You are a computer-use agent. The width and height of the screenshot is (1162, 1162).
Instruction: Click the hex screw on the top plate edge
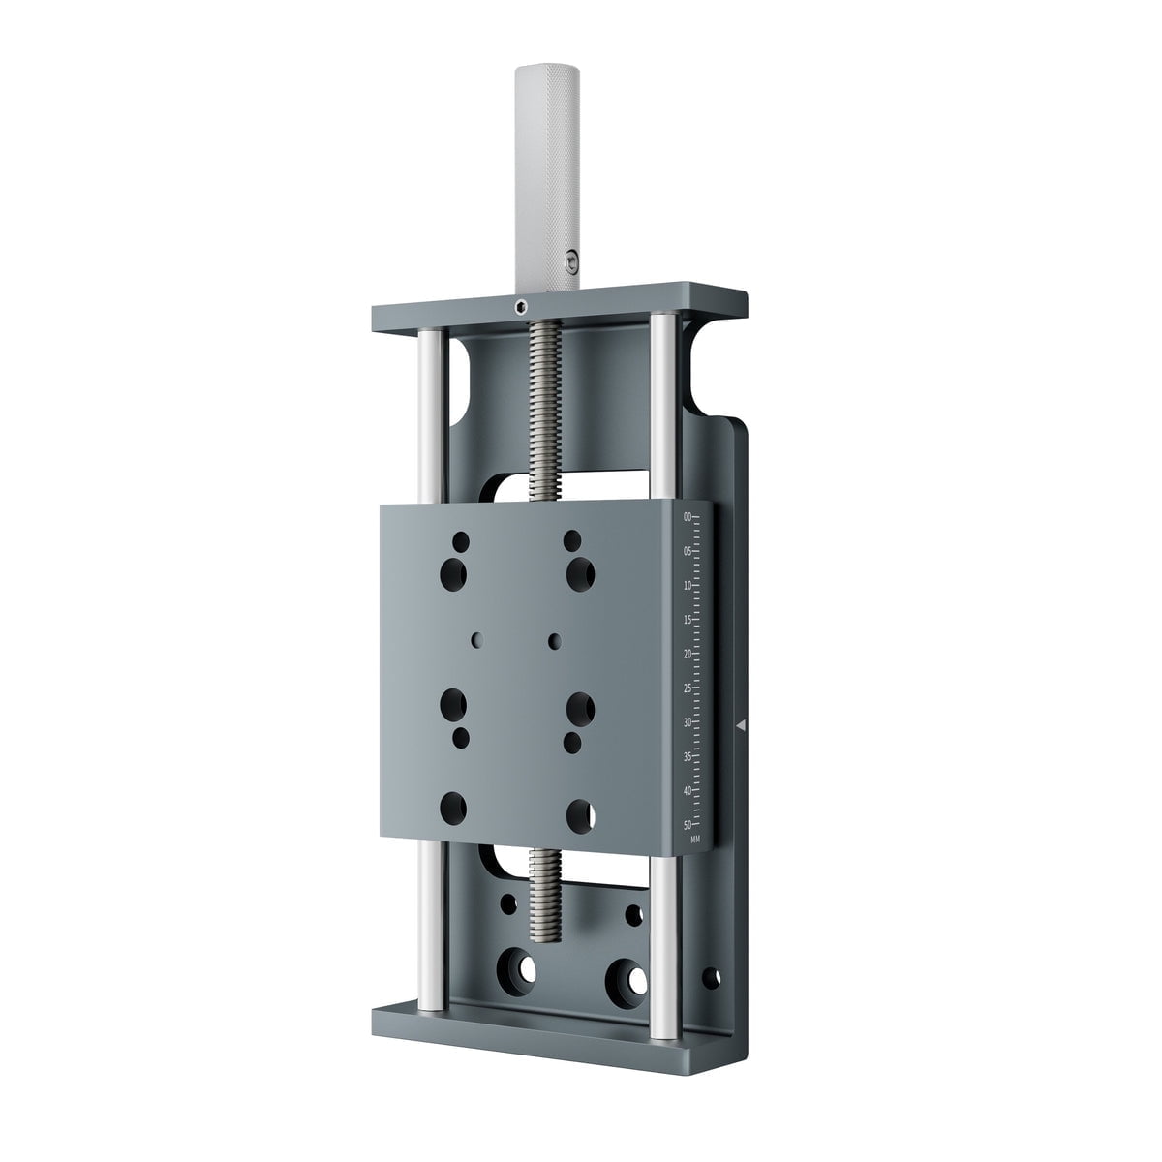[521, 308]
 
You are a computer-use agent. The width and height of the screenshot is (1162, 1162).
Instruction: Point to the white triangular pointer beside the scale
[741, 723]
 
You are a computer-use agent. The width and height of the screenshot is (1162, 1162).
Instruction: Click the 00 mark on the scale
[688, 518]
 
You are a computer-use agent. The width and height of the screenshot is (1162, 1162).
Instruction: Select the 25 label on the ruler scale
[688, 688]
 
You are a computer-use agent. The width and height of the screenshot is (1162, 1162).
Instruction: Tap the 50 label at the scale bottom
[688, 825]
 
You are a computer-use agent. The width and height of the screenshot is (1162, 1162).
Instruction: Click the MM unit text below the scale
[695, 840]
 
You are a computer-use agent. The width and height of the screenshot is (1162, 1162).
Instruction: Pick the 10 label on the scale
[688, 586]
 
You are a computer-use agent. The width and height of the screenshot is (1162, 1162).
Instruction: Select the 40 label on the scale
[688, 791]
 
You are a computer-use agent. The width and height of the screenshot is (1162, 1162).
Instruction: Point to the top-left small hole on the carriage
[461, 539]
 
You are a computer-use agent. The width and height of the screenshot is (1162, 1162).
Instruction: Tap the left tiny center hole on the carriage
[476, 639]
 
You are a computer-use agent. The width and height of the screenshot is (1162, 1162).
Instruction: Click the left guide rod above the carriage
[432, 416]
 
